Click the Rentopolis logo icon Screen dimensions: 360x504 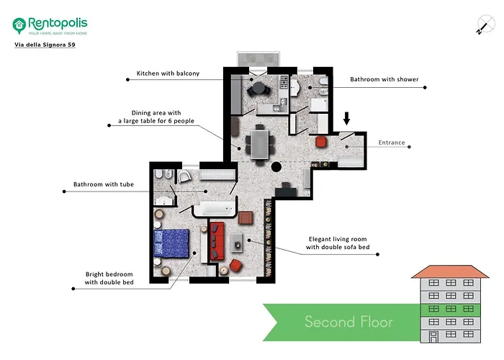(19, 25)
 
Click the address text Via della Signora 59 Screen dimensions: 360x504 (45, 45)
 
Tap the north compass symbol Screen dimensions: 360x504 (481, 26)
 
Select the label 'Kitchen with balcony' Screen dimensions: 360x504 (168, 73)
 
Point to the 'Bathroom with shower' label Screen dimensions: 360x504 (384, 79)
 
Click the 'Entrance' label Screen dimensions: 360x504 (392, 143)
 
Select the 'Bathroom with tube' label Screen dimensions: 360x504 (104, 184)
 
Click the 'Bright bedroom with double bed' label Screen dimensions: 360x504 (109, 278)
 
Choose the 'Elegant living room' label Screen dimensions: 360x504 (338, 243)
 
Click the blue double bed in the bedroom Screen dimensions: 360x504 (173, 243)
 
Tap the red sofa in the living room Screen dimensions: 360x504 (217, 241)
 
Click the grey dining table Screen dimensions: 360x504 (259, 142)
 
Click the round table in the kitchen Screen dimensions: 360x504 (257, 89)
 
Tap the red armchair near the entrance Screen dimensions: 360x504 (321, 140)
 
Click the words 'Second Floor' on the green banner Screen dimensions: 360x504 (348, 321)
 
